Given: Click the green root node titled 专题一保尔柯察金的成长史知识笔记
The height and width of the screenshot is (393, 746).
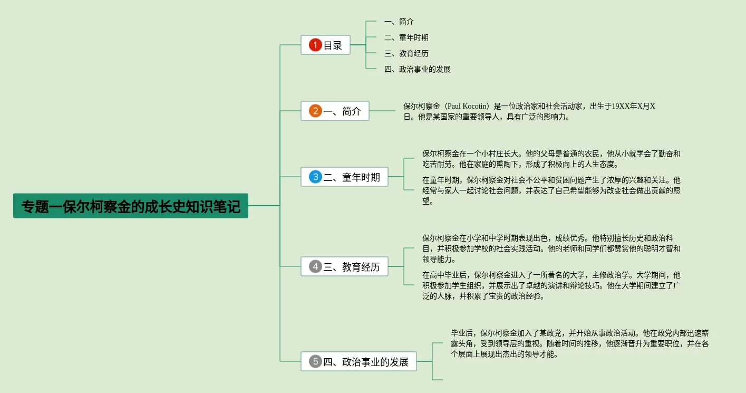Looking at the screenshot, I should pos(130,206).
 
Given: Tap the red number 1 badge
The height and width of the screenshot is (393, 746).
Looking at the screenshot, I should pos(315,45).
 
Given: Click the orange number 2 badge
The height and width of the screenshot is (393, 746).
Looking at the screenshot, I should pos(315,111).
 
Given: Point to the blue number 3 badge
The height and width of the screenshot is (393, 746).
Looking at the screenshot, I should pos(315,177).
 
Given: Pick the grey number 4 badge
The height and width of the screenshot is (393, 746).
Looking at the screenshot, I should pos(315,267).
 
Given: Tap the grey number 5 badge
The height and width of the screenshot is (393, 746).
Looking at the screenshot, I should pos(315,361).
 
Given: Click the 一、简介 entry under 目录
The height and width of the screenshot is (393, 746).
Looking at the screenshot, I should pos(399,22).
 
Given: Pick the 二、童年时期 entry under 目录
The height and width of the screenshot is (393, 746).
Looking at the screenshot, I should pos(406,37).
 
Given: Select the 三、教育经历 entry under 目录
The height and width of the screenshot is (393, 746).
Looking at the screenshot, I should pos(406,53).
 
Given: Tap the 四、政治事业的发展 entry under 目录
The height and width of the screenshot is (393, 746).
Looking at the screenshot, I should pos(418,69).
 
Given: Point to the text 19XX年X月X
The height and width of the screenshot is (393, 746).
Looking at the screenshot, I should pos(633,106).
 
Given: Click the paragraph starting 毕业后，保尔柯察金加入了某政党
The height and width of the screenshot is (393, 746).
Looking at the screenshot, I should pos(579,343).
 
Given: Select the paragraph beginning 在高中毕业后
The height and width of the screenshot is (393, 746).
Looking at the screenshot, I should pos(551,285).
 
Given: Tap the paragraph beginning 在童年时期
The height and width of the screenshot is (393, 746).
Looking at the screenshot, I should pos(551,190).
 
